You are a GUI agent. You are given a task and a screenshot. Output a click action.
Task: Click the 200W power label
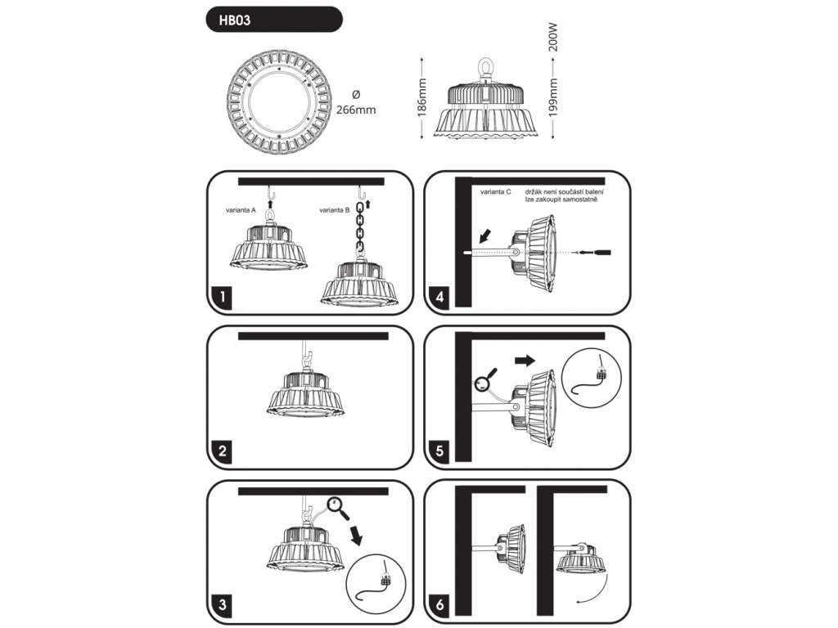click(x=553, y=37)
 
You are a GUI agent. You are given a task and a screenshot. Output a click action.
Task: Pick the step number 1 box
click(x=220, y=298)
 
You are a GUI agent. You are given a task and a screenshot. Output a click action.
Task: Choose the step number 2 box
click(x=220, y=451)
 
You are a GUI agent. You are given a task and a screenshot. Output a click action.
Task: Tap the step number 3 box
click(x=220, y=605)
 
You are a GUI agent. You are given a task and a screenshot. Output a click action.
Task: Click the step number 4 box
click(x=440, y=298)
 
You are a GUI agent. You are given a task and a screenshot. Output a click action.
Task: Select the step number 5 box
click(x=440, y=451)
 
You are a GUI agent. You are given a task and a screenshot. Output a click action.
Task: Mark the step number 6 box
click(x=440, y=605)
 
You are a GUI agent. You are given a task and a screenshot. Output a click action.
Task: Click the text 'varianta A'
click(x=241, y=210)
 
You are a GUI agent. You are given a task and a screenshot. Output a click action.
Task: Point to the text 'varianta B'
click(x=336, y=210)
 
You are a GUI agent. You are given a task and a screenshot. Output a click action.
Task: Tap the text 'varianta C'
click(x=496, y=191)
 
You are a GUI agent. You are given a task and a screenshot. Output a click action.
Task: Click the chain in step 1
click(x=358, y=229)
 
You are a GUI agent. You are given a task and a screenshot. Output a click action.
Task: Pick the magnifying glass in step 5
click(x=482, y=381)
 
